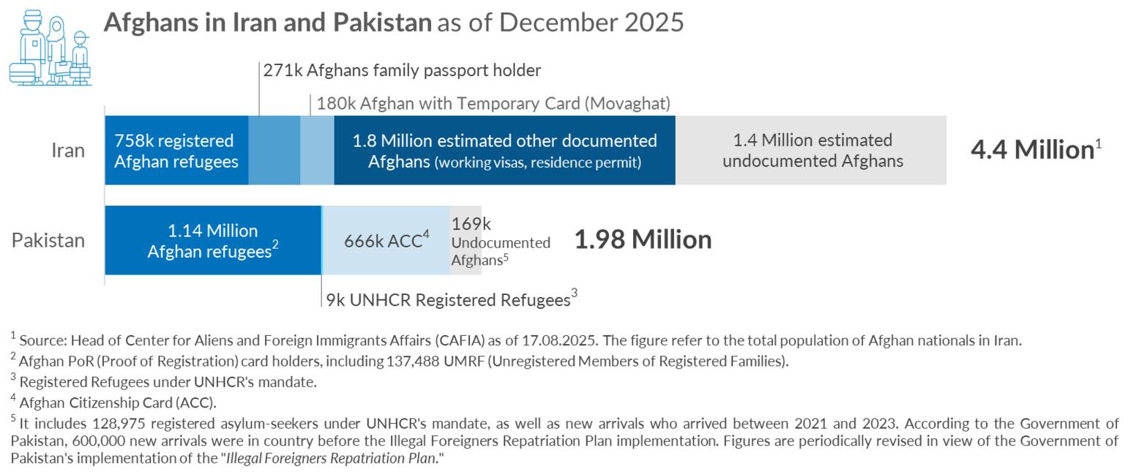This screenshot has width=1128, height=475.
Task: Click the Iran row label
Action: click(68, 151)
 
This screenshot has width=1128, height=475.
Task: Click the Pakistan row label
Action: click(48, 241)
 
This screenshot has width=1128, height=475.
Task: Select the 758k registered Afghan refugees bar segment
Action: click(176, 151)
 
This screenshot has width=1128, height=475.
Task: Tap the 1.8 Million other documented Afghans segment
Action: click(504, 151)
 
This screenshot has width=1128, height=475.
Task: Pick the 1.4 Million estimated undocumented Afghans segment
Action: click(811, 151)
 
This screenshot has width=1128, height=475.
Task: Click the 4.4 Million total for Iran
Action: click(1031, 150)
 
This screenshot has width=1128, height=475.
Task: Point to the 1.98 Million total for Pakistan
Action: click(642, 240)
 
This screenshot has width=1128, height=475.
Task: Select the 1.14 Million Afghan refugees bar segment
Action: click(212, 241)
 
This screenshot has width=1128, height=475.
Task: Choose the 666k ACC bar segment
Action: click(386, 241)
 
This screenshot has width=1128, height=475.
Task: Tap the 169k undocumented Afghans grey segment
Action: click(466, 241)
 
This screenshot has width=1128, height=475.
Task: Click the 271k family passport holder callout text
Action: click(402, 71)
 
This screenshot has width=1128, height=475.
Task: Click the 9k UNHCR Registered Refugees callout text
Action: click(448, 300)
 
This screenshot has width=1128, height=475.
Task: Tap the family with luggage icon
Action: click(49, 48)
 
